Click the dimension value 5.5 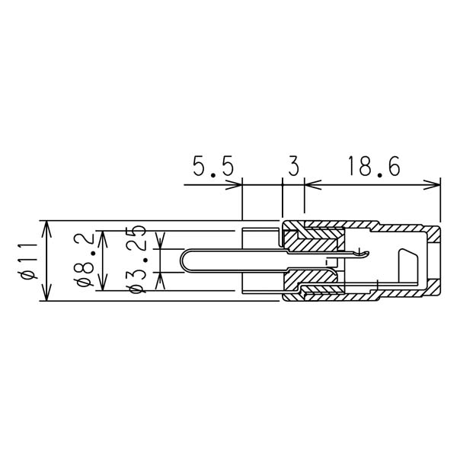click(213, 166)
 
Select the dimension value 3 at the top click(294, 166)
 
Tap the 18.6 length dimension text click(375, 166)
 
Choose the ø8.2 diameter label click(84, 260)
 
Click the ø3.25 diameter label click(136, 259)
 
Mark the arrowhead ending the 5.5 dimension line click(235, 185)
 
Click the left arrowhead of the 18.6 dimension click(312, 185)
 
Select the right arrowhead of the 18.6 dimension click(432, 185)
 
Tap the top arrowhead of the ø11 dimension click(46, 229)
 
